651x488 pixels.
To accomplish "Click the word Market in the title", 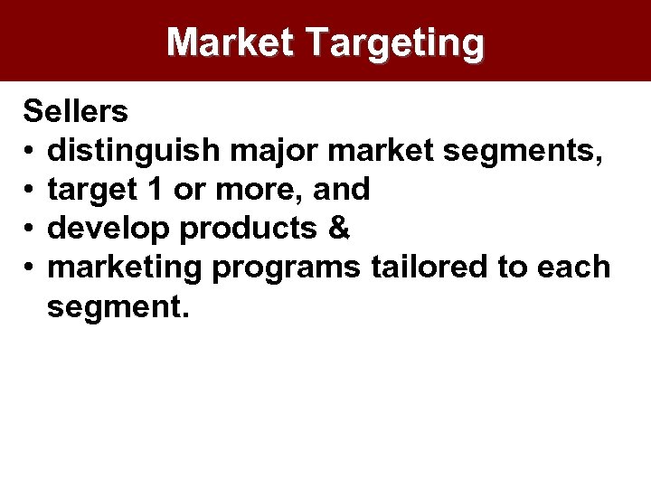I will pos(231,42).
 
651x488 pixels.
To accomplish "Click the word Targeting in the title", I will pos(395,43).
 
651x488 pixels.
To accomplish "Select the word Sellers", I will pos(76,112).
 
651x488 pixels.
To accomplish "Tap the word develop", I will pos(109,229).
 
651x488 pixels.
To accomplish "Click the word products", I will pos(251,230).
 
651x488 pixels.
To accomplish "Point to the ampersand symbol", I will pos(339,229).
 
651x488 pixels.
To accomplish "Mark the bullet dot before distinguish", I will pos(30,151).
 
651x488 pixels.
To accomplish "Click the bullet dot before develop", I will pos(30,229).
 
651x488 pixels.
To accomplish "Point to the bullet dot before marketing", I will pos(30,267).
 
